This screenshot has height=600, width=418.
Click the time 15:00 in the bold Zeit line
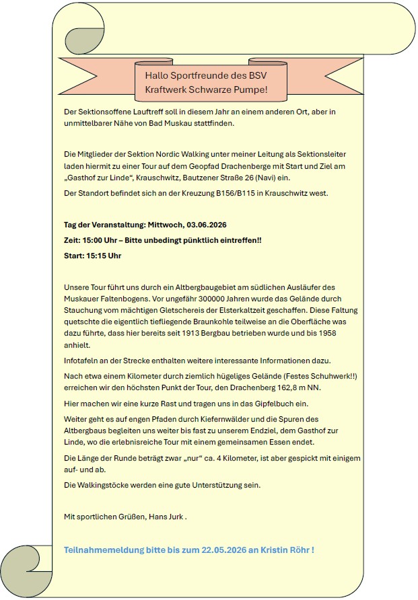click(91, 240)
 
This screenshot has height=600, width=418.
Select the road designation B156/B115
click(231, 193)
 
